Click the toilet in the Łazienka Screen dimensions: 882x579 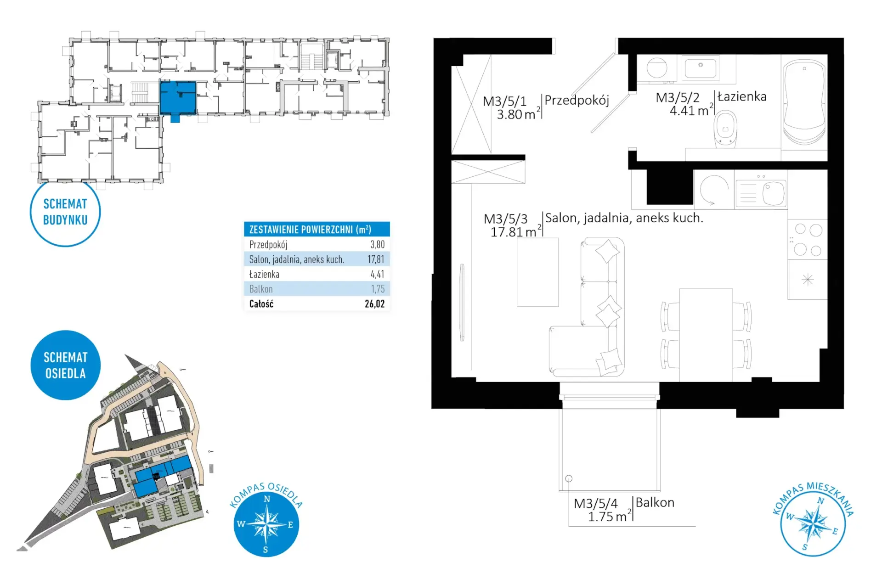[725, 129]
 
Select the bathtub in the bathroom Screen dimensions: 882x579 [804, 102]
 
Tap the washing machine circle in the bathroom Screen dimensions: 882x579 [657, 68]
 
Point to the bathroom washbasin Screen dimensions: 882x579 [700, 68]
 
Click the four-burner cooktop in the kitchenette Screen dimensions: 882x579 [808, 239]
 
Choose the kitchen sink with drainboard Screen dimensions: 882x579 [761, 192]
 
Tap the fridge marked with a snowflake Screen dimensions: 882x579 [808, 280]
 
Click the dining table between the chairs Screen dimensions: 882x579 [706, 335]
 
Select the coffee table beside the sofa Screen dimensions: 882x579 [537, 272]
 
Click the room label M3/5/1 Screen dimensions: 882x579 [504, 101]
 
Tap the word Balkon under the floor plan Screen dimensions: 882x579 [655, 503]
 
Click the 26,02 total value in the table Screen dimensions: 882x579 [375, 304]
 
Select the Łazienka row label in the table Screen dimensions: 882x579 [264, 274]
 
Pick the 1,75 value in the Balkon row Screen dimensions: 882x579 [378, 289]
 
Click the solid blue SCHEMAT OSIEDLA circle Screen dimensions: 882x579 [65, 365]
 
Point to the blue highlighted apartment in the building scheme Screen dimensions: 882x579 [178, 98]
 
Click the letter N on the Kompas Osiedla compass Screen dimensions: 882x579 [267, 499]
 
